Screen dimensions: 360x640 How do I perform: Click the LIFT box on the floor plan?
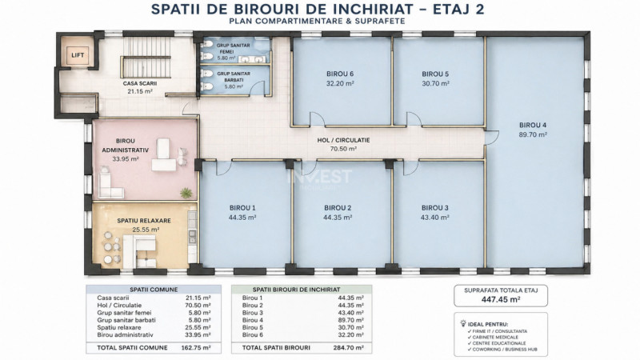(78, 55)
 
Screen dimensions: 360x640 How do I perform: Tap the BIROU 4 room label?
(533, 125)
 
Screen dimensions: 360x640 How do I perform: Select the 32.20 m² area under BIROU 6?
(339, 83)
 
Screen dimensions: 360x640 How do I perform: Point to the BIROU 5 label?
(436, 74)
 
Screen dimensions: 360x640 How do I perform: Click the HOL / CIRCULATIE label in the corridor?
(343, 138)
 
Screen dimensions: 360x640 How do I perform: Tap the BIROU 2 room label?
(339, 207)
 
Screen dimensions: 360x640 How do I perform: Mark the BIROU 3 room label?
(436, 207)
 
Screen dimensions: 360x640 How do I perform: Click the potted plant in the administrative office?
(186, 192)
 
